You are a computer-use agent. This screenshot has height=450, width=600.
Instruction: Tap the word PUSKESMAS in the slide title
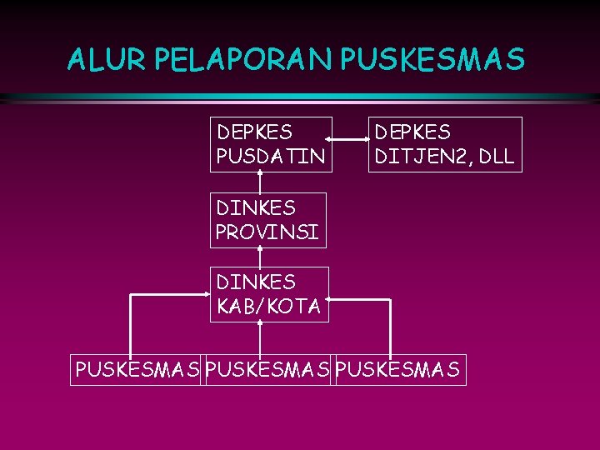tap(432, 60)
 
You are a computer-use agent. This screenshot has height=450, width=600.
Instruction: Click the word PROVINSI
tap(267, 232)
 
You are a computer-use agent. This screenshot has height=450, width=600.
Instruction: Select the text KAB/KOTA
tap(268, 307)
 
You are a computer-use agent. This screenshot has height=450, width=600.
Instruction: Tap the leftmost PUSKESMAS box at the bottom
tap(137, 369)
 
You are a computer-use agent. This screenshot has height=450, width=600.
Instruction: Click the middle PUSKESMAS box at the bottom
tap(267, 369)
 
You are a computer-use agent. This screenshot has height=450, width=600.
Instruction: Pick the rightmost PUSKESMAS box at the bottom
tap(397, 369)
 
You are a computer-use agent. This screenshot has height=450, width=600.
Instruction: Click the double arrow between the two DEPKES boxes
tap(350, 140)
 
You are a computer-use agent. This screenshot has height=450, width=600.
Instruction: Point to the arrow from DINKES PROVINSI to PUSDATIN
tap(260, 182)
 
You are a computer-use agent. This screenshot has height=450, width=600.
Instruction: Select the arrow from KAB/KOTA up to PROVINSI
tap(260, 257)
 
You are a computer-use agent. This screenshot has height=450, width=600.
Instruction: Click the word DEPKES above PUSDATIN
tap(254, 132)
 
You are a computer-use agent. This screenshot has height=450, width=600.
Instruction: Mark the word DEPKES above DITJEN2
tap(412, 132)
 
